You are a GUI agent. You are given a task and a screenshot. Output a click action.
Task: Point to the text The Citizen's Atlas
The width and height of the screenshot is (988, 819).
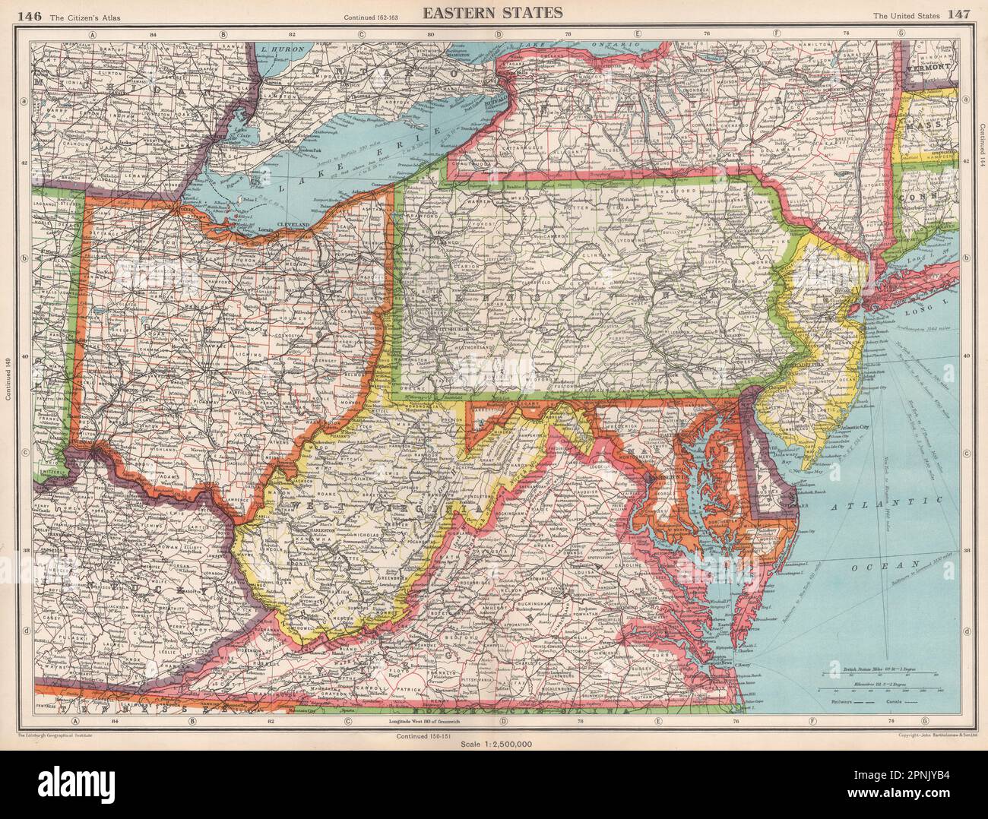[64, 15]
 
